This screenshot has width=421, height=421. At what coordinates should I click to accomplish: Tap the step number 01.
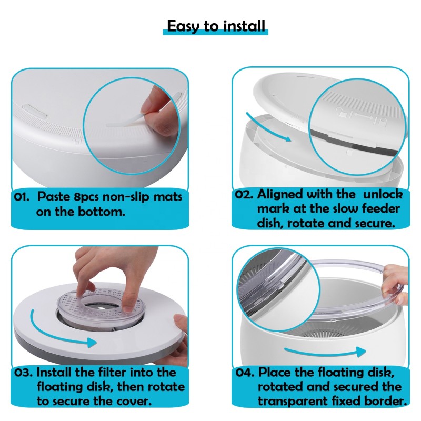pos(23,197)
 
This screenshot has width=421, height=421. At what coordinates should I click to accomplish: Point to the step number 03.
pos(24,373)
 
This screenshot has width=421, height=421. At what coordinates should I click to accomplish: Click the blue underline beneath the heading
pos(216,33)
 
